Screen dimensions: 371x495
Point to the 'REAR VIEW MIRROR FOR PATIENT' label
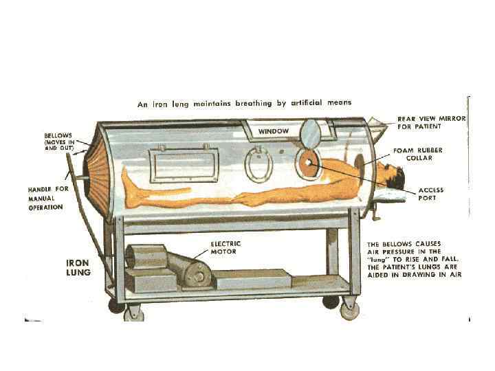[432, 123]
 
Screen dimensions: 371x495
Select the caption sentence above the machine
[244, 103]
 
